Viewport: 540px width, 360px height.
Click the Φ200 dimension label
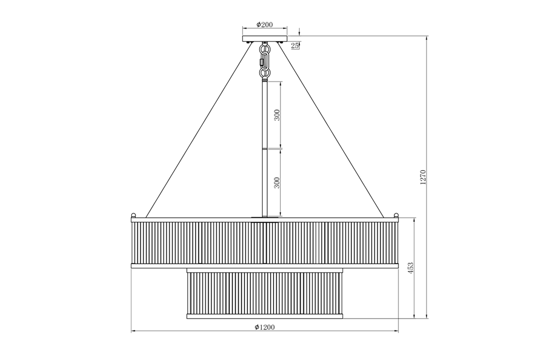click(265, 25)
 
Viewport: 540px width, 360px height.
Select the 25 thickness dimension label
click(295, 45)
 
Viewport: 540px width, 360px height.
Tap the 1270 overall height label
click(423, 177)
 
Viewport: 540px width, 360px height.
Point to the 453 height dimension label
click(410, 268)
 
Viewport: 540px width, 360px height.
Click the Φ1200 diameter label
click(265, 327)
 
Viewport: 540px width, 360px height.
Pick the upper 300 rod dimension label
click(277, 115)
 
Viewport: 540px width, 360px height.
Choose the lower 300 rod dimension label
click(277, 183)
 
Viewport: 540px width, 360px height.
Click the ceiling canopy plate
click(265, 39)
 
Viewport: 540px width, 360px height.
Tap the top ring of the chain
click(265, 49)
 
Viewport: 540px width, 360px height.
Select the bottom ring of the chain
click(265, 72)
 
